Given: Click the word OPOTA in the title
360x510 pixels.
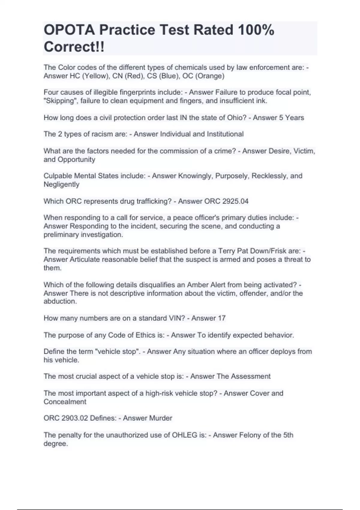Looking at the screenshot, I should pyautogui.click(x=69, y=30).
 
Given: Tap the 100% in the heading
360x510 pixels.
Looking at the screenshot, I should pyautogui.click(x=256, y=30).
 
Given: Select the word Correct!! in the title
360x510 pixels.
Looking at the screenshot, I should pyautogui.click(x=74, y=47).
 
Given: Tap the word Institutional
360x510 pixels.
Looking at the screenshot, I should pyautogui.click(x=225, y=134).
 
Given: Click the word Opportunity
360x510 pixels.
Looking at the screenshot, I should pyautogui.click(x=76, y=160).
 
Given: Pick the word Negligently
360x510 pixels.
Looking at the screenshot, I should pyautogui.click(x=61, y=184).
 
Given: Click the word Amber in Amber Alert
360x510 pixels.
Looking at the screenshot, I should pyautogui.click(x=196, y=285).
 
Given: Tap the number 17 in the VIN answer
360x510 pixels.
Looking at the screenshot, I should pyautogui.click(x=222, y=318).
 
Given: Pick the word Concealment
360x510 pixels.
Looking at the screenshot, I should pyautogui.click(x=65, y=402).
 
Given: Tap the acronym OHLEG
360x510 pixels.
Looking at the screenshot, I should pyautogui.click(x=184, y=435).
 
